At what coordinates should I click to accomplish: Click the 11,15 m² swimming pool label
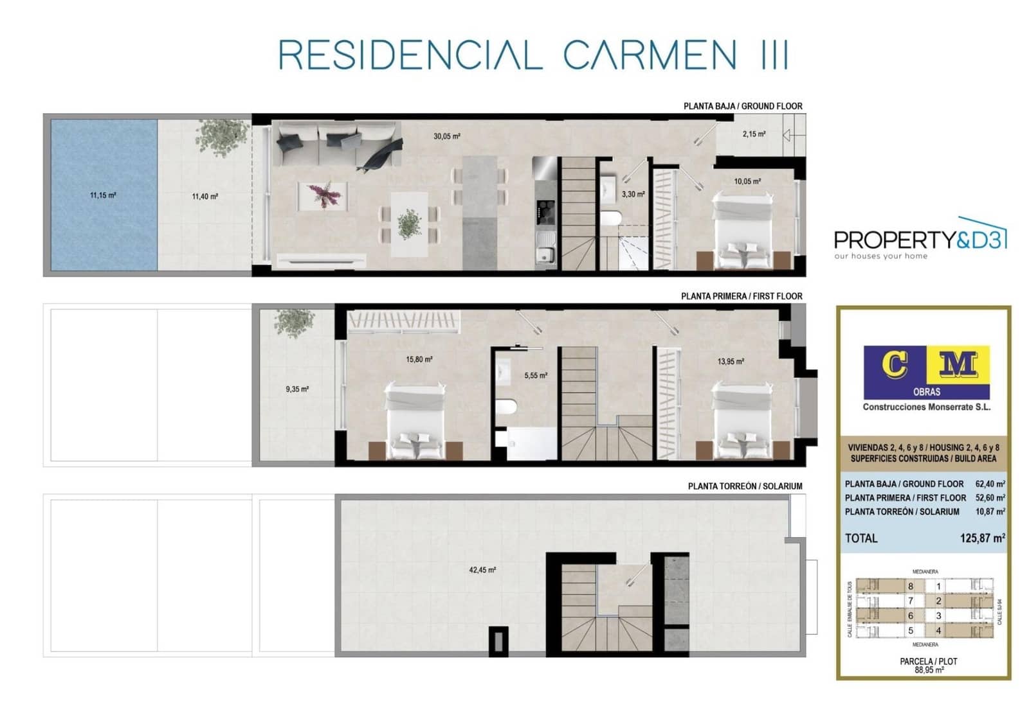click(x=103, y=195)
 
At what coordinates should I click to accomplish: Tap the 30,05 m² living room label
click(x=446, y=136)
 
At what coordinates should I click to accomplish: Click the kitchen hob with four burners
click(x=546, y=209)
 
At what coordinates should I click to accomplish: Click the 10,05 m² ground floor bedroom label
click(x=747, y=182)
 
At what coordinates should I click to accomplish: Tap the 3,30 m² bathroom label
click(x=633, y=194)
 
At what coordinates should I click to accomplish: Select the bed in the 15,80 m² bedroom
click(x=415, y=421)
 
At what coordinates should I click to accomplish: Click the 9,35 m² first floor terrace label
click(x=297, y=389)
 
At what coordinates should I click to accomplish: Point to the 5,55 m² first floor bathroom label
click(x=535, y=376)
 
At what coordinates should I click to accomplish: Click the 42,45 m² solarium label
click(x=482, y=570)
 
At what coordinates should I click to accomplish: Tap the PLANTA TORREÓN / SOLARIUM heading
click(x=745, y=486)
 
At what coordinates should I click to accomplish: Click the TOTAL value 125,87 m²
click(x=981, y=538)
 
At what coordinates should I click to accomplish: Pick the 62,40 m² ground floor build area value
click(x=990, y=484)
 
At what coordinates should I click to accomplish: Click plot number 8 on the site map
click(x=910, y=586)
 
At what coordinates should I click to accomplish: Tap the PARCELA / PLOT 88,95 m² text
click(x=929, y=665)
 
